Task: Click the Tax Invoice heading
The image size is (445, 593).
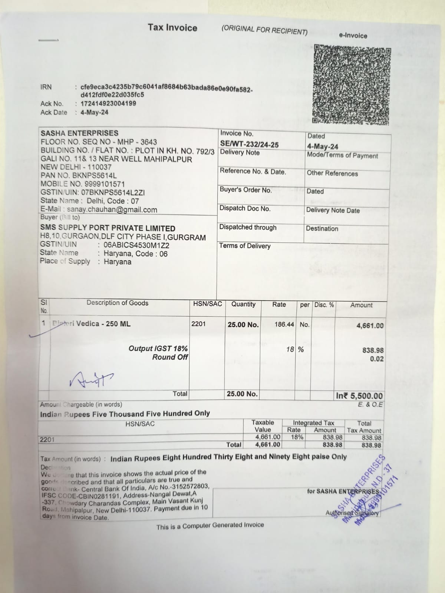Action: [172, 28]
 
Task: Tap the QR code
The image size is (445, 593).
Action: [351, 85]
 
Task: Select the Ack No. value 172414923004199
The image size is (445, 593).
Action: [108, 103]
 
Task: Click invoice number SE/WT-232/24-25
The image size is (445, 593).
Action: [249, 145]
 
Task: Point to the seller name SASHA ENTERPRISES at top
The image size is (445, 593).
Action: [79, 133]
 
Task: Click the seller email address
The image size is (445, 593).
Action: [112, 210]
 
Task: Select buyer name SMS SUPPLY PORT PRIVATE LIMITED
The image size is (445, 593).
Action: [108, 228]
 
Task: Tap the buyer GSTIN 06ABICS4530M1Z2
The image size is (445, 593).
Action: [136, 245]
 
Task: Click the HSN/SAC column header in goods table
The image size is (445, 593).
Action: [207, 304]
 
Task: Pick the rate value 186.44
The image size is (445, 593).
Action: [284, 324]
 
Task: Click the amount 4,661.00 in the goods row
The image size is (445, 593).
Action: [370, 326]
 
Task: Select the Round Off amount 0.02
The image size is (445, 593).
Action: [377, 359]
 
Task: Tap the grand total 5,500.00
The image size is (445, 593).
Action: [359, 396]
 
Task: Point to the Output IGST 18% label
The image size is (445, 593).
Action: [158, 348]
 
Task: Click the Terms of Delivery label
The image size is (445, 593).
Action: [245, 246]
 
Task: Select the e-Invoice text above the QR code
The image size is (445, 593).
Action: [353, 36]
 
